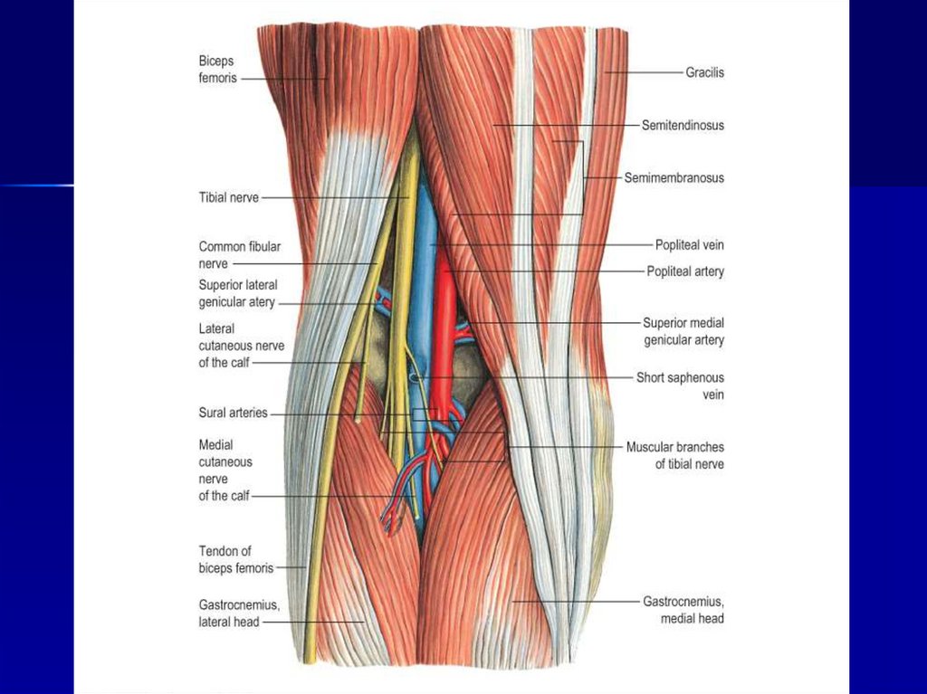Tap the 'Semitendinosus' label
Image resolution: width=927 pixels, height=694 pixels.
coord(683,126)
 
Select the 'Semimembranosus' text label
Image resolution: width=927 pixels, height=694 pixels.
coord(674,178)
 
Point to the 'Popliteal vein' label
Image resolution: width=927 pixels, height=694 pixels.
coord(689,244)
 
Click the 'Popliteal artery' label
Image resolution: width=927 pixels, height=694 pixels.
coord(685,271)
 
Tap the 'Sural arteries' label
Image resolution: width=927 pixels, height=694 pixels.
coord(233,413)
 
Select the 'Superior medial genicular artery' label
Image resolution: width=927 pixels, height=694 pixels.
coord(683,331)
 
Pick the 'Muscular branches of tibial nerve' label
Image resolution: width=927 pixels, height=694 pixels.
coord(674,455)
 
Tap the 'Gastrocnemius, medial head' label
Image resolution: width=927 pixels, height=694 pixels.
coord(683,609)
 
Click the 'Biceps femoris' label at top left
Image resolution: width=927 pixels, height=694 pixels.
coord(217,70)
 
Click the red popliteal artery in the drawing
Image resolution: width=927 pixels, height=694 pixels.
coord(444,317)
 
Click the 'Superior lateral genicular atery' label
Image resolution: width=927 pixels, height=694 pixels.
coord(237,293)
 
